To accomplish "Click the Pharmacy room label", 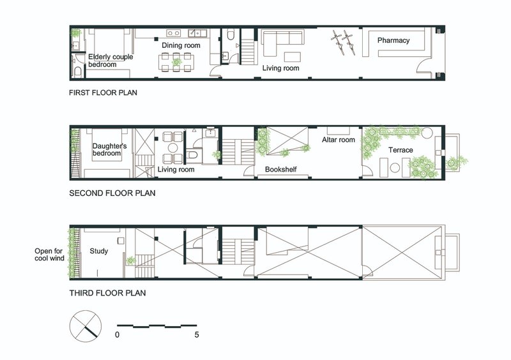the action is point(393,40).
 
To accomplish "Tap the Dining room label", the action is point(181,45).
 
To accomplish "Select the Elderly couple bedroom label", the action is point(111,61).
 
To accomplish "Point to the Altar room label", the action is point(339,140).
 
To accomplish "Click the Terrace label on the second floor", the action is point(400,150).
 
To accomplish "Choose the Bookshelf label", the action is point(280,169).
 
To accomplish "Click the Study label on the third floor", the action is point(99,251).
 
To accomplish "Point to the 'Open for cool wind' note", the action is point(50,255).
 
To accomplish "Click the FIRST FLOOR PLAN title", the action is point(103,93).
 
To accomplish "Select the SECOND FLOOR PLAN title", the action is point(112,193).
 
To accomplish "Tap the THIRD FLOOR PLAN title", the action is point(107,293).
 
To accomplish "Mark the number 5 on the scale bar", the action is point(197,334).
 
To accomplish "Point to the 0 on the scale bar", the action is point(118,334).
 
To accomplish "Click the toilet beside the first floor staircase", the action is point(231,34).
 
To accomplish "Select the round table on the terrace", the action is point(395,167).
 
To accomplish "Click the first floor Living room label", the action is point(280,68).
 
